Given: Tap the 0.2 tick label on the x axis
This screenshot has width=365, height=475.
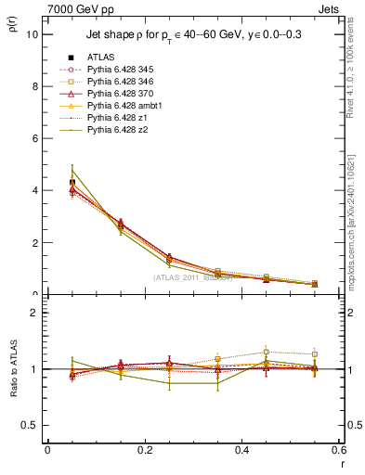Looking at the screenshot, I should [x=144, y=449].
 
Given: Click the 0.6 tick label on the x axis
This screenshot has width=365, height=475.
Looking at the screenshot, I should [x=338, y=449].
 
